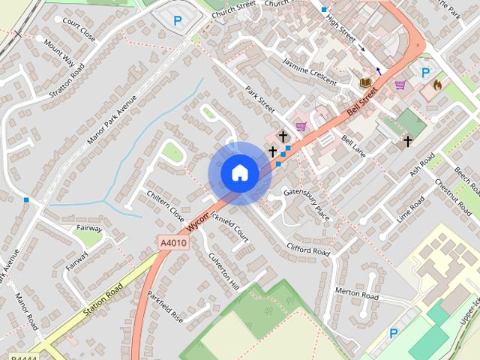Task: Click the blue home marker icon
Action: pos(239,172)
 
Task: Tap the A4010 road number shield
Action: pos(172,243)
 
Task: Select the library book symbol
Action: pos(365,82)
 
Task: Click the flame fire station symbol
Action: pos(438,85)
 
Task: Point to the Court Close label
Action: pos(79,28)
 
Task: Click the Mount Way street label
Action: pos(58,55)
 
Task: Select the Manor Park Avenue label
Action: pos(112,120)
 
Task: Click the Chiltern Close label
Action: pos(166,205)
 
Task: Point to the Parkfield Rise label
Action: pos(165,307)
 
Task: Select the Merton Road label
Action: pos(356,293)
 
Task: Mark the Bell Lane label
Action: pos(353,145)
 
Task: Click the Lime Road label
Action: pos(411,209)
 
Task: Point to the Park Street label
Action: pos(260,100)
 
